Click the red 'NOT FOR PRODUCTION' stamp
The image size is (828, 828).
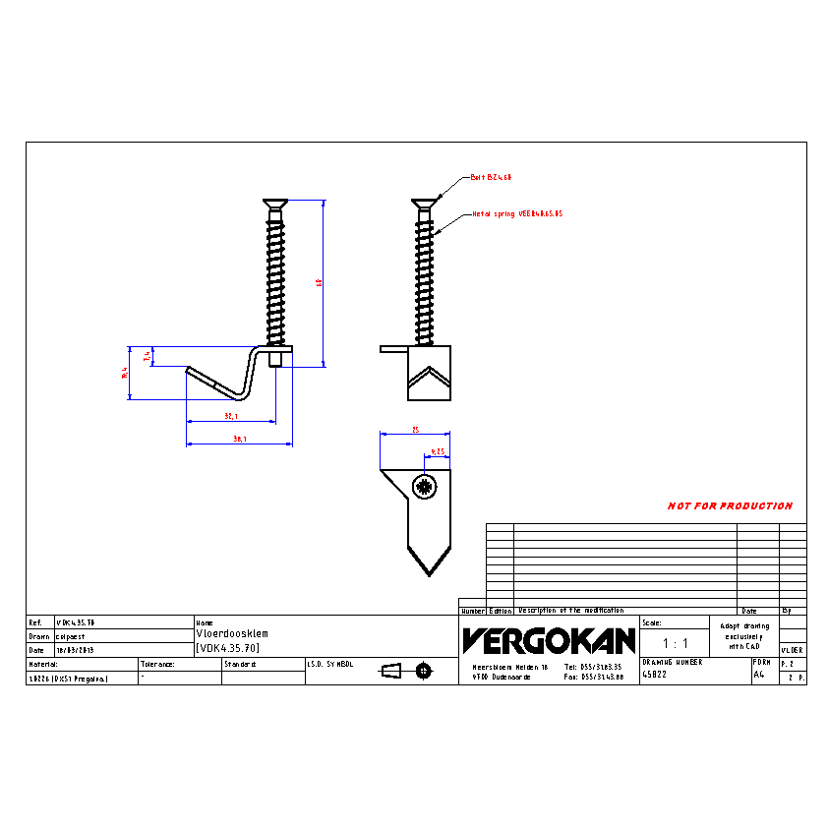click(x=730, y=506)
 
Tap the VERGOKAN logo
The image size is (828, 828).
click(x=549, y=641)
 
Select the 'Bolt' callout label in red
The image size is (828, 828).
click(x=491, y=177)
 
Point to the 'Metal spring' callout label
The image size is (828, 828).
click(x=516, y=212)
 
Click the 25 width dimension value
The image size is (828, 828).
click(x=415, y=430)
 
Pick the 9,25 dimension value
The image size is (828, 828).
click(x=438, y=452)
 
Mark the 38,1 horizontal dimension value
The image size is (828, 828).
click(x=239, y=439)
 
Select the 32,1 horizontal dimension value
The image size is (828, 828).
click(x=230, y=416)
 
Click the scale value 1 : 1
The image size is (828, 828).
click(x=675, y=643)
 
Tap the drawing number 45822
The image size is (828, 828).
click(x=655, y=675)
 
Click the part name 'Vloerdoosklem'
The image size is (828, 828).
click(x=232, y=634)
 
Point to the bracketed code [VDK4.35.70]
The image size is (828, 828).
click(x=228, y=647)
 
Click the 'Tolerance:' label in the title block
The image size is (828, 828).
click(x=157, y=665)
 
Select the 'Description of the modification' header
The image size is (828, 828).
click(x=570, y=611)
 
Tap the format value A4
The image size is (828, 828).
click(x=758, y=675)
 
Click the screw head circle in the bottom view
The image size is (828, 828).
click(x=425, y=485)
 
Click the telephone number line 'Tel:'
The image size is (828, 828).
click(x=593, y=666)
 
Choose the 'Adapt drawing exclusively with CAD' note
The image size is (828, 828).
click(x=743, y=635)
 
